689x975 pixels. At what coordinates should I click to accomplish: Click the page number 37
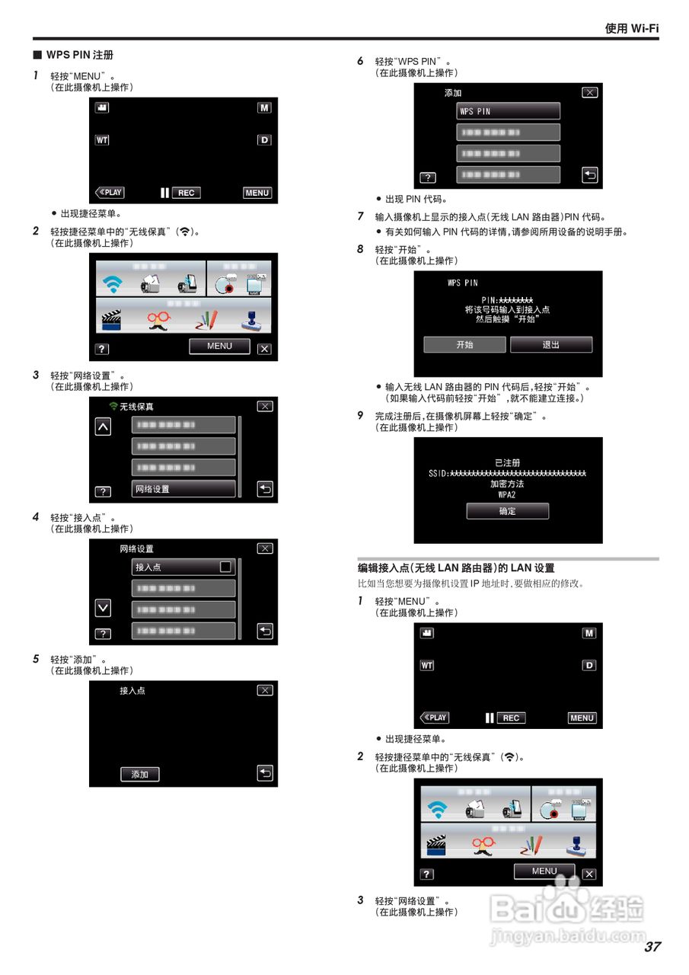click(652, 947)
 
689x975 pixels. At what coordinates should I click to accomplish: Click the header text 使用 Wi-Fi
click(631, 28)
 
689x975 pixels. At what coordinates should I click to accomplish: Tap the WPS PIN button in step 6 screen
click(508, 111)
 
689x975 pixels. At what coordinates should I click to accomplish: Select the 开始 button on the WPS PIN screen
click(464, 345)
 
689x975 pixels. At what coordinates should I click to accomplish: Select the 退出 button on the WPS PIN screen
click(550, 345)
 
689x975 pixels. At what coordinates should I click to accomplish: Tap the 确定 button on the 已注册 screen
click(507, 511)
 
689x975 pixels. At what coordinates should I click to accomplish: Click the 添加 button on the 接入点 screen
click(140, 774)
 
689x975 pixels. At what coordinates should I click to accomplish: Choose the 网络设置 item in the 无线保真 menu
click(183, 489)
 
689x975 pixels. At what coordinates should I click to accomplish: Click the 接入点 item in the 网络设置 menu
click(183, 567)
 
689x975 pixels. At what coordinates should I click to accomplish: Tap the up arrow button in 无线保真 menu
click(103, 427)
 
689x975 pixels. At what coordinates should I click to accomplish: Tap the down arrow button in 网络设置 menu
click(103, 608)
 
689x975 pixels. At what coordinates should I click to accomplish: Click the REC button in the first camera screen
click(186, 193)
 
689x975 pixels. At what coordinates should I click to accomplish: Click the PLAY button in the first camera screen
click(110, 193)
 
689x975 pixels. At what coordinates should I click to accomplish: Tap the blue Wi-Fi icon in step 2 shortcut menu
click(113, 285)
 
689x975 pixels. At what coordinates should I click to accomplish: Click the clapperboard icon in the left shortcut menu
click(112, 318)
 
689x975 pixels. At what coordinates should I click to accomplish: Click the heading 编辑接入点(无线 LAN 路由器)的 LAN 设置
click(456, 568)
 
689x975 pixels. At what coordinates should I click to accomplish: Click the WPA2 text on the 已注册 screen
click(507, 494)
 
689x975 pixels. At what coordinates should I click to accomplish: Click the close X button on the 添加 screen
click(589, 92)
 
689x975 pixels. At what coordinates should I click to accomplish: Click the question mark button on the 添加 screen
click(428, 177)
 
